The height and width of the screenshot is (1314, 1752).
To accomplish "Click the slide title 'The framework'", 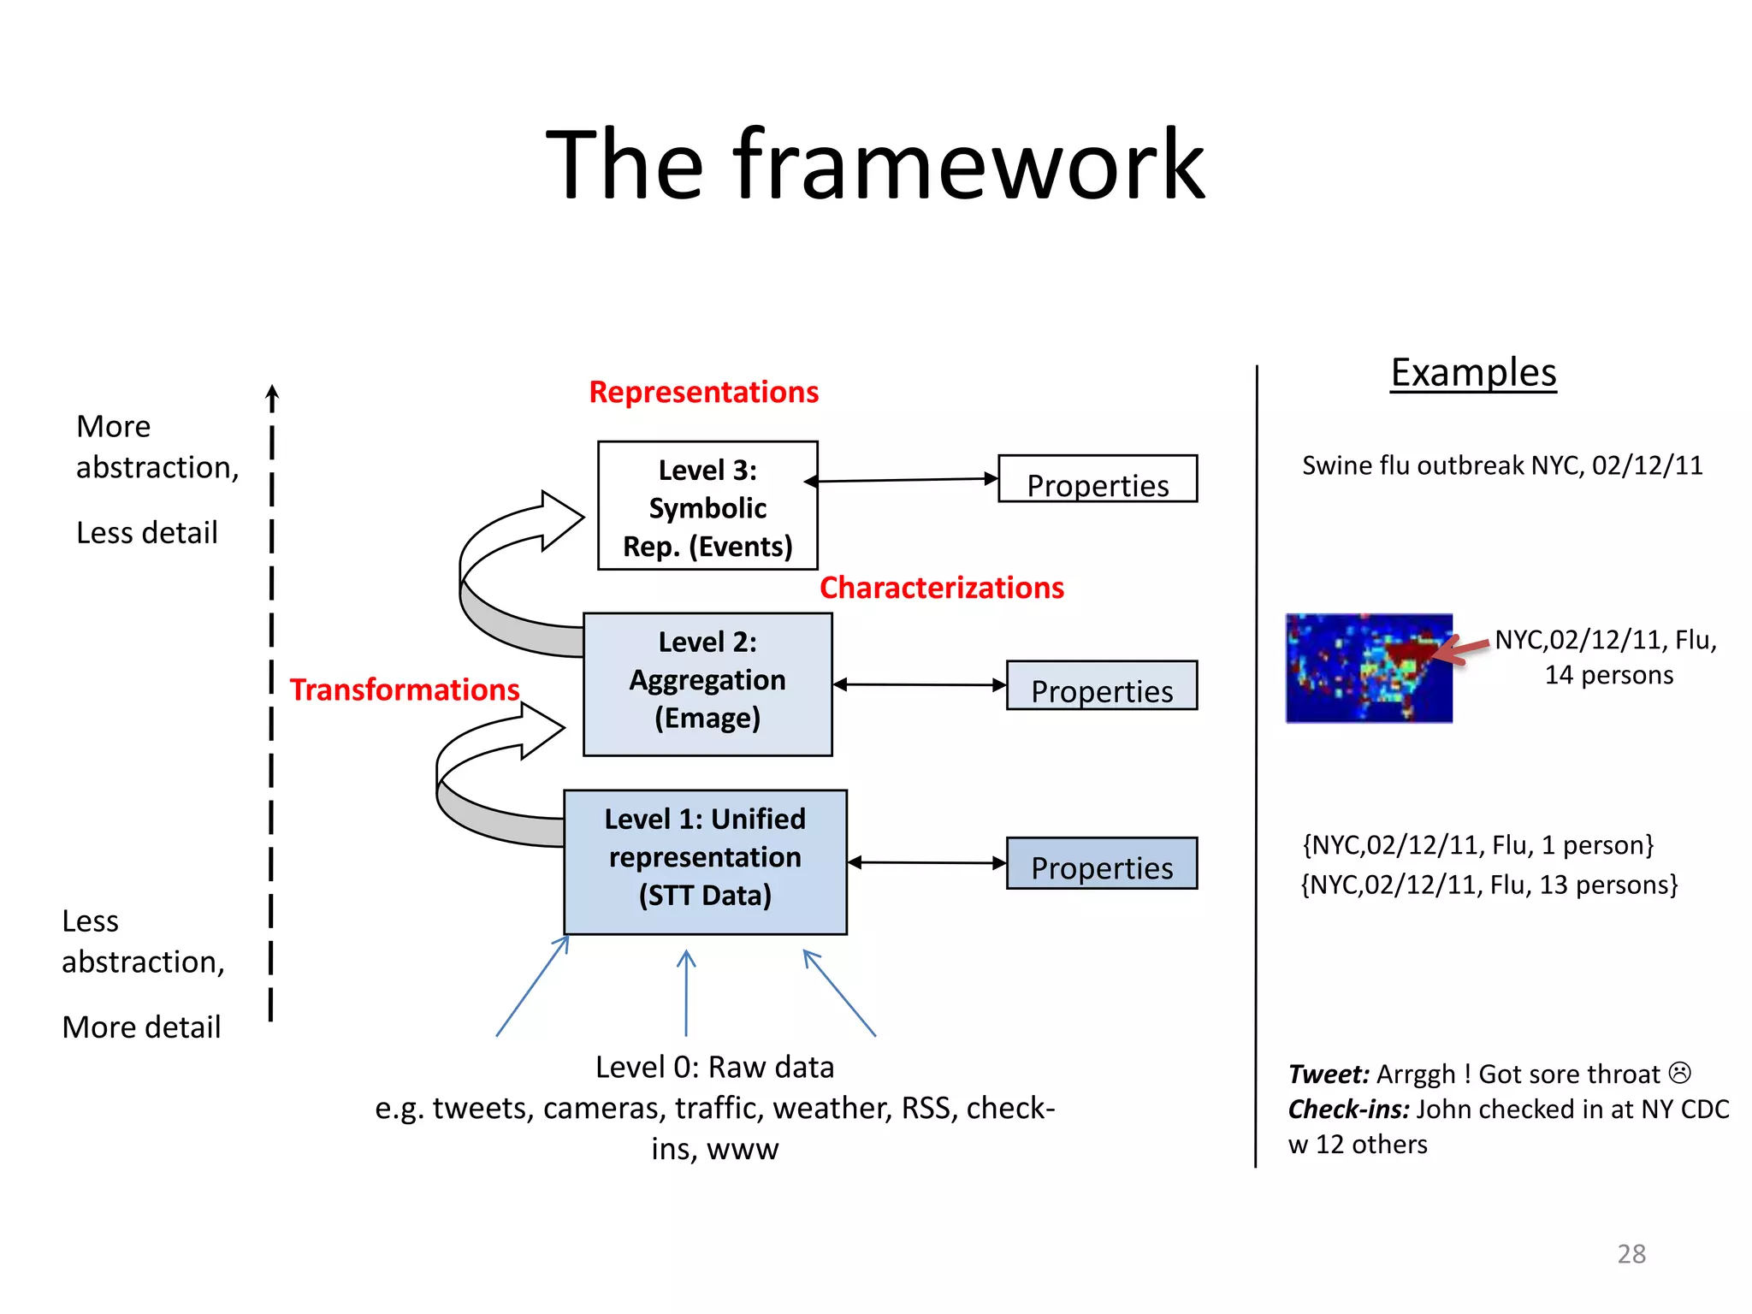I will pyautogui.click(x=875, y=164).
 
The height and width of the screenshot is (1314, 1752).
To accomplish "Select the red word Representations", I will pyautogui.click(x=703, y=392).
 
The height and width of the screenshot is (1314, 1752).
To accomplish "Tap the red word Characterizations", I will pyautogui.click(x=941, y=588).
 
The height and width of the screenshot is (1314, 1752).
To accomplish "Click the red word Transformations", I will pyautogui.click(x=404, y=690).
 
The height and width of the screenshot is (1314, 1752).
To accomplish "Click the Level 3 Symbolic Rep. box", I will pyautogui.click(x=707, y=506).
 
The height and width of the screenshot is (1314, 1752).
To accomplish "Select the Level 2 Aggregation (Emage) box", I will pyautogui.click(x=707, y=683).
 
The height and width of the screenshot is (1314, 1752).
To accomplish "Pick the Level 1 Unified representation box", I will pyautogui.click(x=705, y=861).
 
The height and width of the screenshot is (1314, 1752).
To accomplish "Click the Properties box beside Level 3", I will pyautogui.click(x=1098, y=480).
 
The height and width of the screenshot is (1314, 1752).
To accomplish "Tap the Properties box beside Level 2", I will pyautogui.click(x=1101, y=686).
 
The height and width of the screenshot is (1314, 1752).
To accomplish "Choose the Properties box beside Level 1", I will pyautogui.click(x=1101, y=864).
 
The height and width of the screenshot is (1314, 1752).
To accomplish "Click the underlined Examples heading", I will pyautogui.click(x=1473, y=373).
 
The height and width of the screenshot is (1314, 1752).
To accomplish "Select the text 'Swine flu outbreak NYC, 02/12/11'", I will pyautogui.click(x=1502, y=465).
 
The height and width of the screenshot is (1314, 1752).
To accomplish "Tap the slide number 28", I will pyautogui.click(x=1631, y=1254).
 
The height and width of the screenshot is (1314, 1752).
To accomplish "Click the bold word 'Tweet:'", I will pyautogui.click(x=1329, y=1074).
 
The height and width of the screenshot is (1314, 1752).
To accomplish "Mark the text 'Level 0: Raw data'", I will pyautogui.click(x=714, y=1068).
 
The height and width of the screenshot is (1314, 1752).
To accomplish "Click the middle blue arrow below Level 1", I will pyautogui.click(x=686, y=992).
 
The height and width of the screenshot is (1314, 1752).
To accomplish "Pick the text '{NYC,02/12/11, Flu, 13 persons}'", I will pyautogui.click(x=1489, y=885).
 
